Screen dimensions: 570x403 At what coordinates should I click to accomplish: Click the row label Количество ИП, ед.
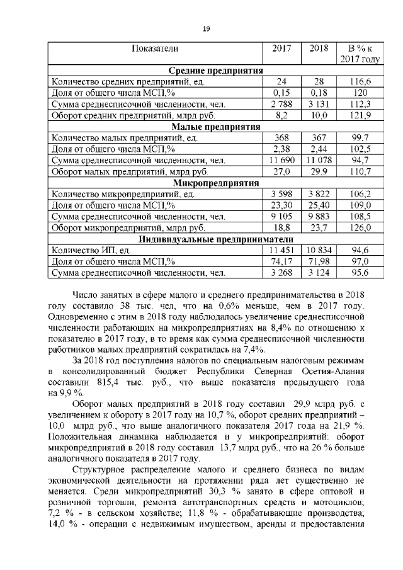(91, 251)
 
